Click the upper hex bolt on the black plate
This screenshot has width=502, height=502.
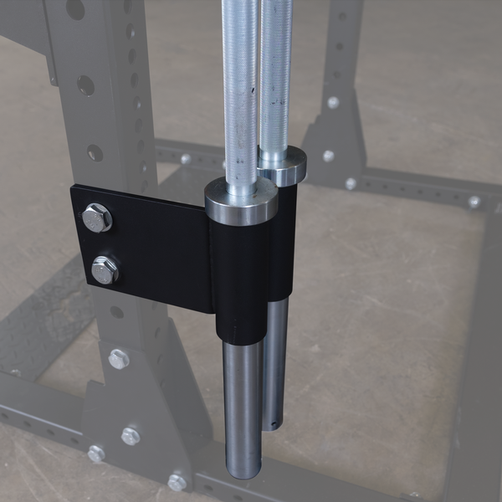96,218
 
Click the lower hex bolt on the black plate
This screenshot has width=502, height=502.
105,269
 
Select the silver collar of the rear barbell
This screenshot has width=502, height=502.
283,164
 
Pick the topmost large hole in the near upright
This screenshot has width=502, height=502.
75,9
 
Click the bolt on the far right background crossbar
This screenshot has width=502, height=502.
474,202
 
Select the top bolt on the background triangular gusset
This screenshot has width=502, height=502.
333,102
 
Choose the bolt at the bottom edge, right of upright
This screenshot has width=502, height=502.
177,482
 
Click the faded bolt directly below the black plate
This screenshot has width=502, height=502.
119,359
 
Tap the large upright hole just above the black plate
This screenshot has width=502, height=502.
95,153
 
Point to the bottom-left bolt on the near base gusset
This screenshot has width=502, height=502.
96,453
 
